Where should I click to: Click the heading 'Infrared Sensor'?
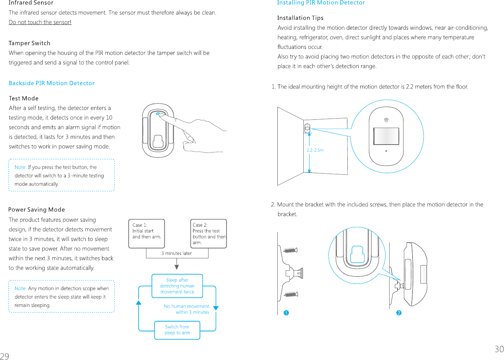[31, 3]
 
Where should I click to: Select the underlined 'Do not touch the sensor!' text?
[40, 22]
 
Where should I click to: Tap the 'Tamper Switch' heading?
[29, 43]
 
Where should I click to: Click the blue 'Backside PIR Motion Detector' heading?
[52, 83]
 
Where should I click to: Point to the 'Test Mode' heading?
[24, 99]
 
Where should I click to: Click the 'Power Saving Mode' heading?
[37, 210]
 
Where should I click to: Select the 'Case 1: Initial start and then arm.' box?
[147, 233]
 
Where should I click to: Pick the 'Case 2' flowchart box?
[209, 233]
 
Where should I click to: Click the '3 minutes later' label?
[177, 253]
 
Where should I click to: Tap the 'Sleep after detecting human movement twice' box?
[177, 286]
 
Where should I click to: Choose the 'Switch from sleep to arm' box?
[177, 330]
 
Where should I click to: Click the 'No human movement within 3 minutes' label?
[187, 309]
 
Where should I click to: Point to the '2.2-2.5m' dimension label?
[315, 150]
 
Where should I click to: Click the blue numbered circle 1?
[286, 313]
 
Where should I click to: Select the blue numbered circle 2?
[399, 313]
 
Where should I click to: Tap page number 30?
[499, 349]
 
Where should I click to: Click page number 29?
[5, 356]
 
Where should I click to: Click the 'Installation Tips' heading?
[300, 18]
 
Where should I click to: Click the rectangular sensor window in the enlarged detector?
[386, 136]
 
